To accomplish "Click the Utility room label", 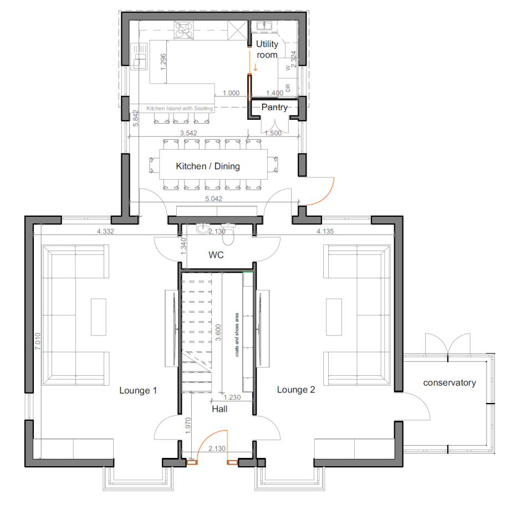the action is (x=267, y=49).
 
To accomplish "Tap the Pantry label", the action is (x=274, y=107).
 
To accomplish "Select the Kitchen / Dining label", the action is (x=208, y=166).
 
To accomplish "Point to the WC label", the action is (x=216, y=255).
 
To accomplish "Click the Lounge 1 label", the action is (x=138, y=391).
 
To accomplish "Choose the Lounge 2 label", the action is (x=296, y=390).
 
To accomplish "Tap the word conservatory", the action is (x=449, y=382).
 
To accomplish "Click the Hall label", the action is (x=220, y=409).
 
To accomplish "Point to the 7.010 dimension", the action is (x=38, y=341).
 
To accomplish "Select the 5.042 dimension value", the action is (x=213, y=198).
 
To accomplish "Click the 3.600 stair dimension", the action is (x=218, y=333).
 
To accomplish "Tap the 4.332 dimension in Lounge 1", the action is (x=105, y=231).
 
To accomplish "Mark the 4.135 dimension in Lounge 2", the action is (x=325, y=231).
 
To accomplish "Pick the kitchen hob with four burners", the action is (x=184, y=30).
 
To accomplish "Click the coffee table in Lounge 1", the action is (x=99, y=317).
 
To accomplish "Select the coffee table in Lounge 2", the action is (x=334, y=317).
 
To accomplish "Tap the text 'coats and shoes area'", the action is (x=237, y=335).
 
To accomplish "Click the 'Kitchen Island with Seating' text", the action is (x=180, y=109).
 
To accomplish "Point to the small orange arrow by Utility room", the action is (x=256, y=67).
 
